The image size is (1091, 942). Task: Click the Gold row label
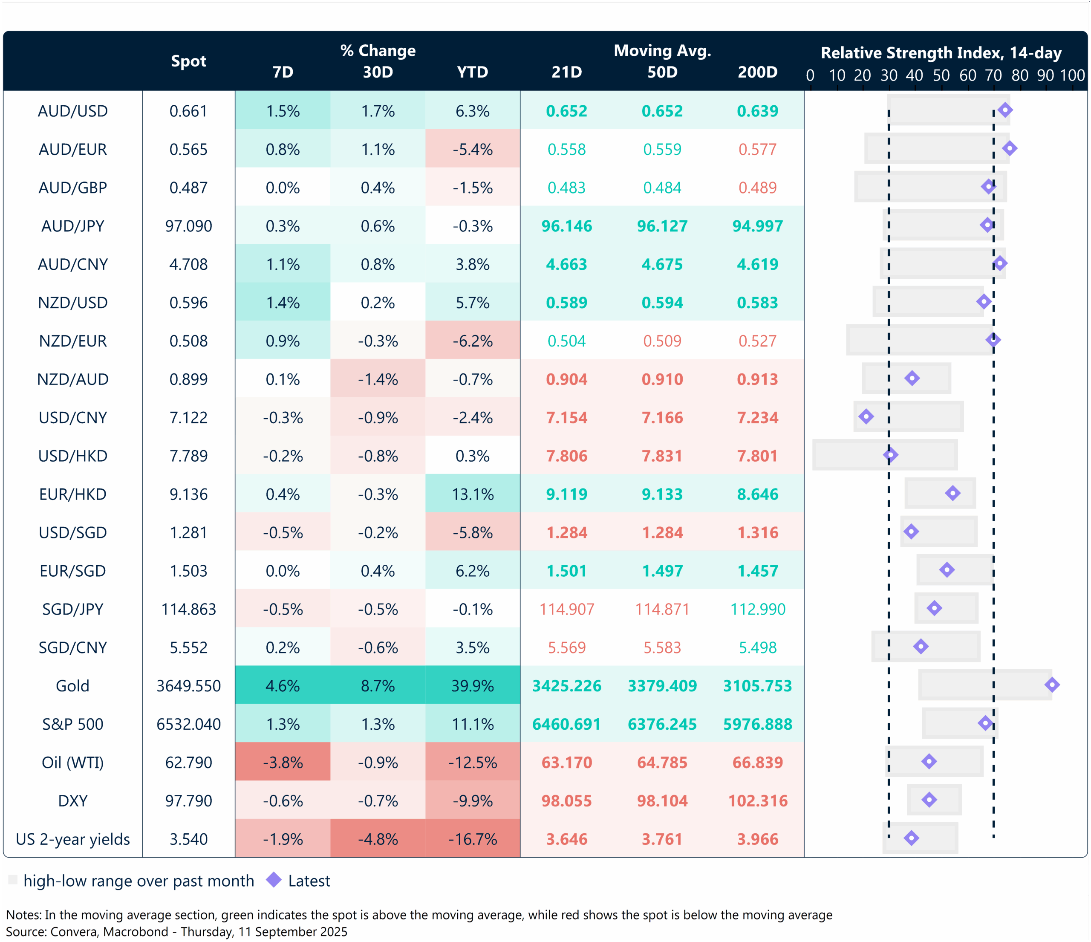point(73,685)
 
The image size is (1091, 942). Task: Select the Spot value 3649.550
point(188,685)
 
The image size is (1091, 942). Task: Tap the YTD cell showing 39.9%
point(472,685)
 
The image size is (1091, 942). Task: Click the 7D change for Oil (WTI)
point(283,763)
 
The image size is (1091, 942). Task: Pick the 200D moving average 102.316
point(757,801)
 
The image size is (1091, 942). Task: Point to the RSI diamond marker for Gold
point(1051,685)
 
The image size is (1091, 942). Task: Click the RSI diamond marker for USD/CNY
point(866,416)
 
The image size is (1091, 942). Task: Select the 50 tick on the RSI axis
point(941,76)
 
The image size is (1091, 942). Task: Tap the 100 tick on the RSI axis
point(1072,76)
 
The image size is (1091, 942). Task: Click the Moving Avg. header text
point(662,51)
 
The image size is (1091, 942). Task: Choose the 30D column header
point(378,72)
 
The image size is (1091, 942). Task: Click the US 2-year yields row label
point(73,839)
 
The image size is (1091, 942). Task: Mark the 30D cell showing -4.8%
point(378,839)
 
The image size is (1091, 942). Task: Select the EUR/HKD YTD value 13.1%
point(472,494)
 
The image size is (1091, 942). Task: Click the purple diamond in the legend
point(274,880)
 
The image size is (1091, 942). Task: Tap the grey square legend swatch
point(13,880)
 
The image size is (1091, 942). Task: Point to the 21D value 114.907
point(566,609)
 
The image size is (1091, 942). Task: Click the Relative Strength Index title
point(941,53)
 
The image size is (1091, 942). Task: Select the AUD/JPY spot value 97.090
point(188,226)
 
